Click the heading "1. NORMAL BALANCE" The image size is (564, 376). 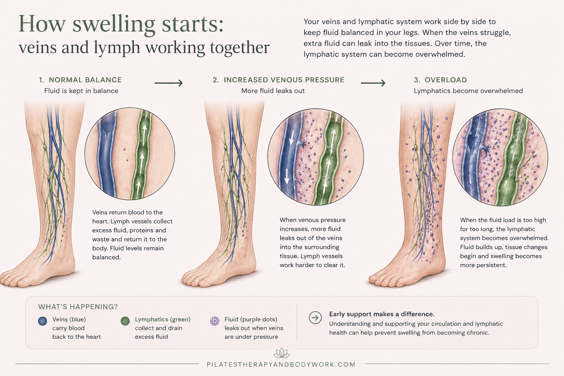[80, 80]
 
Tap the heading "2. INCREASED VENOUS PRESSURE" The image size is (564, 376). [278, 80]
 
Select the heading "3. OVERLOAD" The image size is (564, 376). [440, 80]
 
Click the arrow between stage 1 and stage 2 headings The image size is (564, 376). [169, 83]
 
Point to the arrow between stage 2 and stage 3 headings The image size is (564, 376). [373, 83]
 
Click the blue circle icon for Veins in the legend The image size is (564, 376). [43, 321]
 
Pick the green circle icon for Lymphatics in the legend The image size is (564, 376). [125, 321]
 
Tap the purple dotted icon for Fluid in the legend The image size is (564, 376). [214, 321]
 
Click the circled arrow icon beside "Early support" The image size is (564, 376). [315, 318]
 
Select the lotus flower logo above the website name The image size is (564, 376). [282, 353]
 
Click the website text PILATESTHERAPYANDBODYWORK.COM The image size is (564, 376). [281, 365]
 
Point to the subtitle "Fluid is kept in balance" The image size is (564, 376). [81, 91]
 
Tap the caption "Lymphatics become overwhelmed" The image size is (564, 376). [468, 91]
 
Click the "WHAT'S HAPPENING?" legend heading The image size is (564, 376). [78, 307]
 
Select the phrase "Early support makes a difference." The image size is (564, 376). [382, 314]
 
